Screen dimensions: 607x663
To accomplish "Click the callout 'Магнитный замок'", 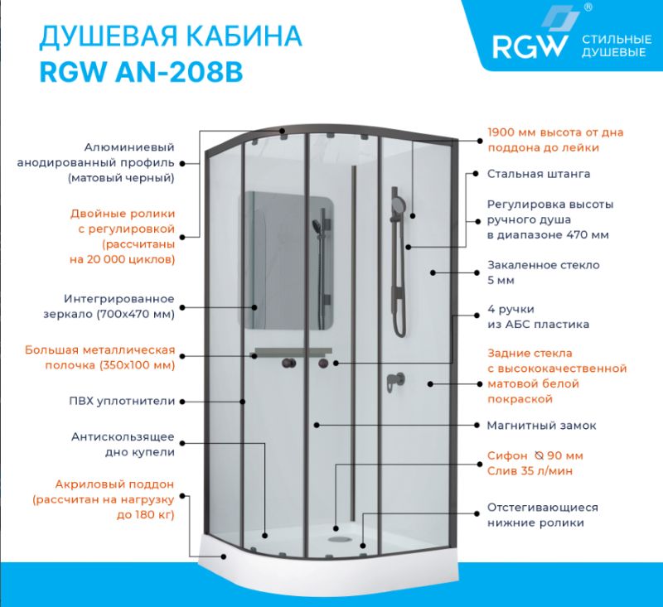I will (x=541, y=426).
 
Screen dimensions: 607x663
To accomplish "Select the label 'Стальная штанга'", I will (x=538, y=175).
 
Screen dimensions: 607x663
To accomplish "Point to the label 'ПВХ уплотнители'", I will (x=122, y=401).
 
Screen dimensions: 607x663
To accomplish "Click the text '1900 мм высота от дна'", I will (x=555, y=132).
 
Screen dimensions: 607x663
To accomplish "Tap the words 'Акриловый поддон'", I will (x=115, y=484).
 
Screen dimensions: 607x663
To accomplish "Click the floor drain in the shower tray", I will (x=337, y=537).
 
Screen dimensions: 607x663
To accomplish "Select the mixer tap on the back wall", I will (x=393, y=382).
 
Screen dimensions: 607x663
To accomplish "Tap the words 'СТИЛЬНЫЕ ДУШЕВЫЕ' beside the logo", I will (x=614, y=46).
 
